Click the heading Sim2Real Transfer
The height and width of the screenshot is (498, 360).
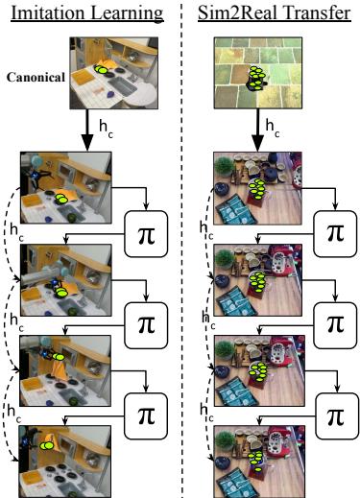tap(270, 15)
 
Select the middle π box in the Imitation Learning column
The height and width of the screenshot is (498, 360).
tap(147, 322)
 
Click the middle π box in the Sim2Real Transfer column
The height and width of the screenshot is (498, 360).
tap(333, 322)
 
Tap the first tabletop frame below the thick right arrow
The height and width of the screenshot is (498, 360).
tap(251, 189)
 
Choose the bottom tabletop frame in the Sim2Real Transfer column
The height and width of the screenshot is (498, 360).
tap(251, 452)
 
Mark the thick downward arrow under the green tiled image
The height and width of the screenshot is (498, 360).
tap(257, 130)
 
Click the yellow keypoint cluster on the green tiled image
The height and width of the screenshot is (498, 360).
tap(256, 78)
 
